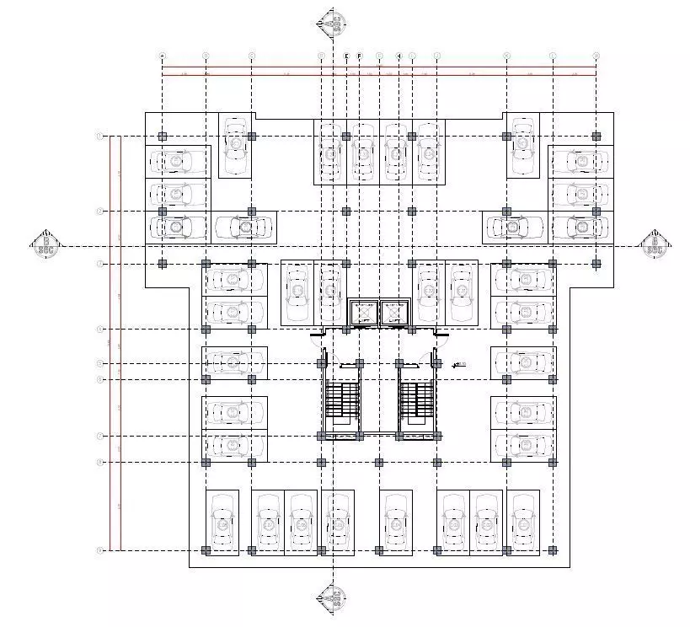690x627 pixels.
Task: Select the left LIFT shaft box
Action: click(364, 313)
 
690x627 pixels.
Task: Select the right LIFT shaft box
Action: click(393, 313)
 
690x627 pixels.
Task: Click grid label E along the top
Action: click(346, 56)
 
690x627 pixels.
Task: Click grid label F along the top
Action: click(360, 56)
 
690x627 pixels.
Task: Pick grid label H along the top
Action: click(398, 56)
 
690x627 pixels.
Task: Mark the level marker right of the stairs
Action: click(458, 365)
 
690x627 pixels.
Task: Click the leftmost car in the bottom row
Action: click(222, 522)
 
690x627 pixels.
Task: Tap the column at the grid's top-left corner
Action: click(163, 136)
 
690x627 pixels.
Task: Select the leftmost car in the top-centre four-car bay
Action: click(329, 153)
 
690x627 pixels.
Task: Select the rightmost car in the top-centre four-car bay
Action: click(429, 153)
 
